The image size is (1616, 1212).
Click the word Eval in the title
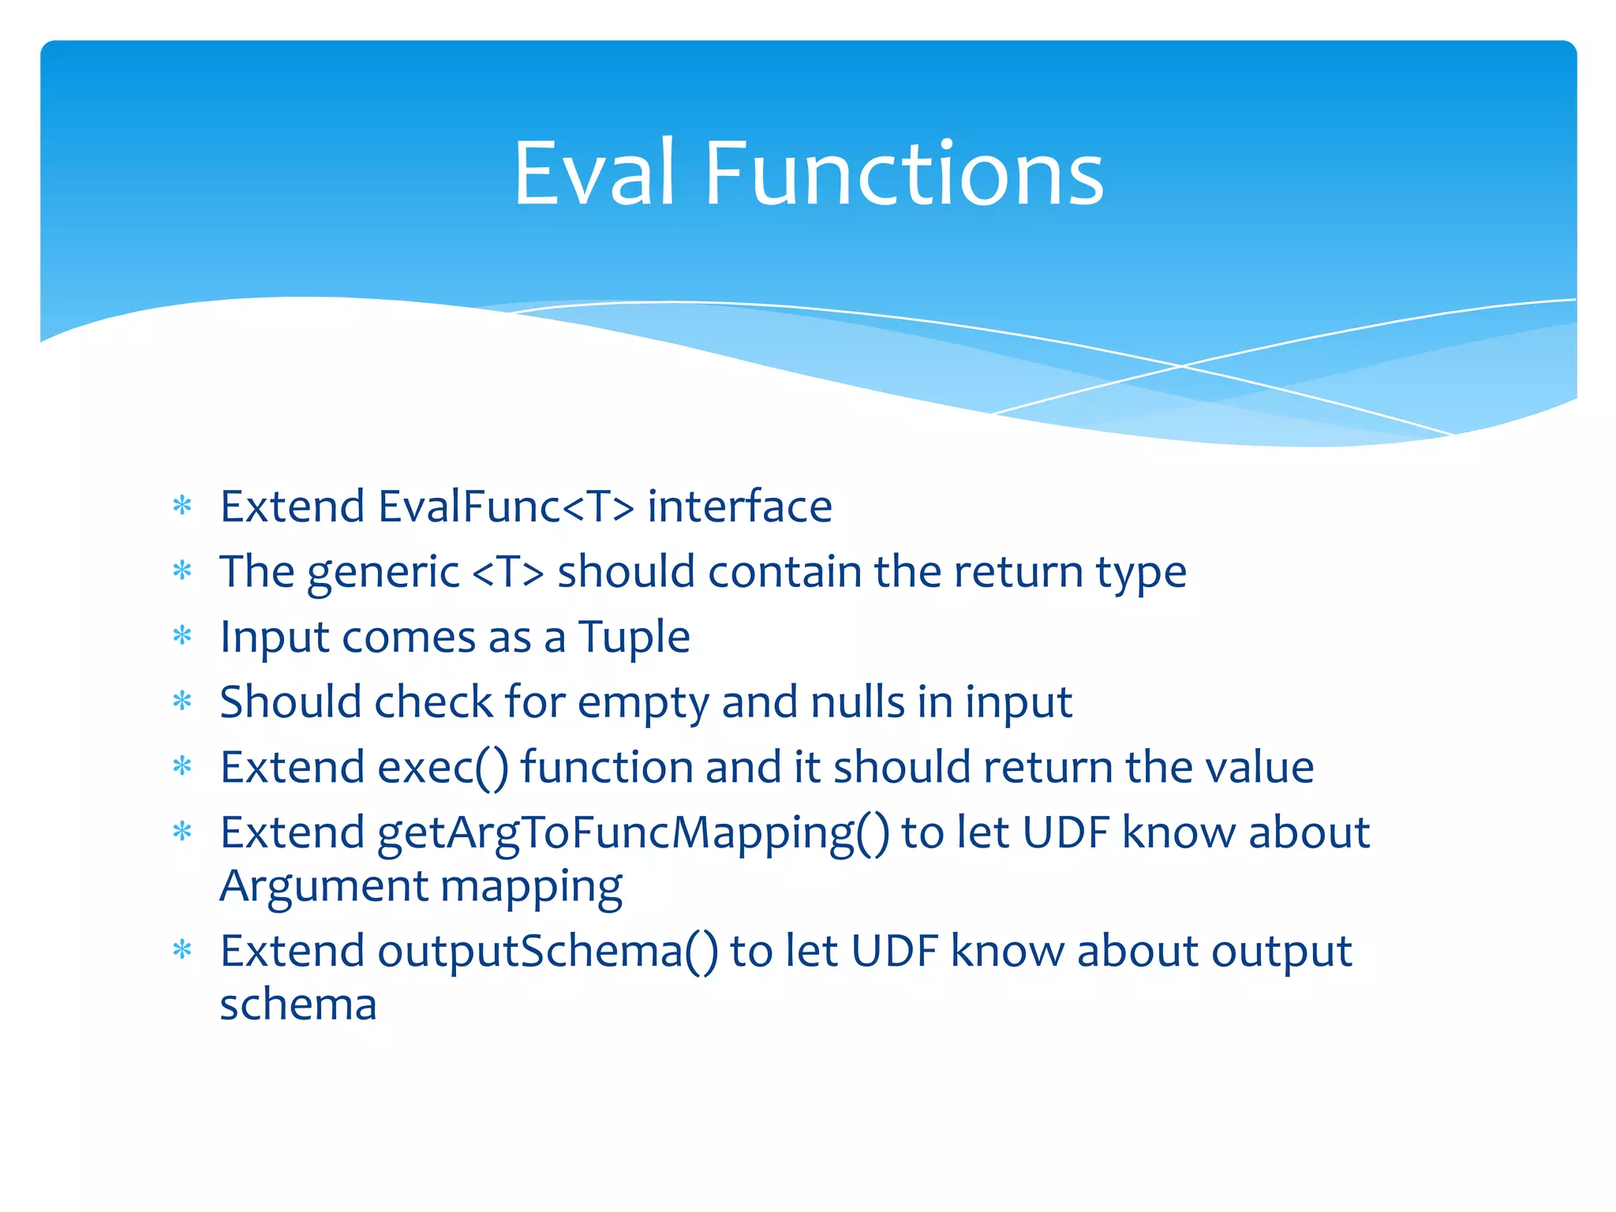(x=594, y=174)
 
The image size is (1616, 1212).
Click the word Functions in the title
(x=903, y=174)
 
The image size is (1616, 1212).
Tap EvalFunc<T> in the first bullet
(x=506, y=507)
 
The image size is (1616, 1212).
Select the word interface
(x=739, y=507)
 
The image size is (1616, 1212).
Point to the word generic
(x=383, y=573)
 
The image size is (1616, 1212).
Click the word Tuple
(x=634, y=638)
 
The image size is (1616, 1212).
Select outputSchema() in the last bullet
(x=548, y=952)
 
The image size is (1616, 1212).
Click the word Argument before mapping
(x=324, y=887)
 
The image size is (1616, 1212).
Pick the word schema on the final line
(x=298, y=1005)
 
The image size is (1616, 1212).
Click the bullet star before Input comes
(x=182, y=635)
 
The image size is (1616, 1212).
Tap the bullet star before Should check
(x=182, y=701)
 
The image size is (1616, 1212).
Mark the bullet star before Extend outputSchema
(x=182, y=949)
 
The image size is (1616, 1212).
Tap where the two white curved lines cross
(x=1181, y=366)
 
